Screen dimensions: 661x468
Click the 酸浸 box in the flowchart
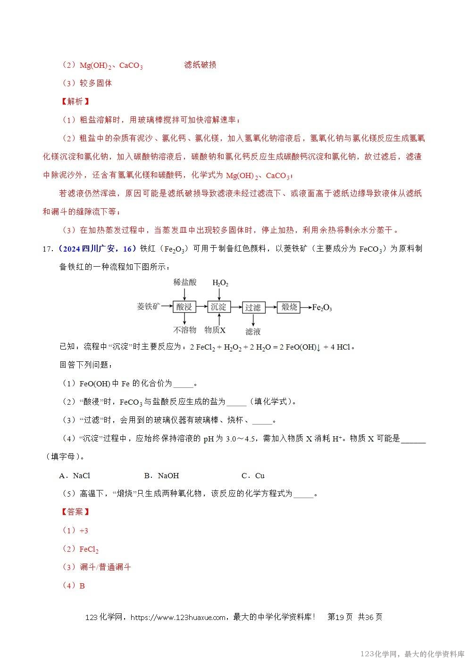click(184, 307)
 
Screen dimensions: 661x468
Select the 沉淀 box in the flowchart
click(218, 307)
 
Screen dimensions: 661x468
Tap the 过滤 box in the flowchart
click(253, 307)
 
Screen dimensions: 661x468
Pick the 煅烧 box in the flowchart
click(289, 307)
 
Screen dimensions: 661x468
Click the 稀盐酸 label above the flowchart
click(184, 282)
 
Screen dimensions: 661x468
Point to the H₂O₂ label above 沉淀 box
click(220, 283)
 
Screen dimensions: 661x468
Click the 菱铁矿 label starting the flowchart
click(148, 307)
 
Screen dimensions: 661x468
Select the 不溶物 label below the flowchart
click(184, 330)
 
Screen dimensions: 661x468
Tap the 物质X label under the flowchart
click(215, 330)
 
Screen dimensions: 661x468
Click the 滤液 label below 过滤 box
click(253, 331)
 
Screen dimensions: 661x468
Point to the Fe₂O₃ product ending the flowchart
click(322, 308)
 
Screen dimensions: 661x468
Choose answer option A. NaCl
click(75, 475)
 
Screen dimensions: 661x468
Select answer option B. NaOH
click(161, 475)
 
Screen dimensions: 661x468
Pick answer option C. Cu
click(253, 475)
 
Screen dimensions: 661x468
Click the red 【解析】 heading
click(75, 101)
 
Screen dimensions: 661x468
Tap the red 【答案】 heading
click(75, 512)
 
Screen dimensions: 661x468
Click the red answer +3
click(84, 530)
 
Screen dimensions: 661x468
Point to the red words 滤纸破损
click(200, 65)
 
